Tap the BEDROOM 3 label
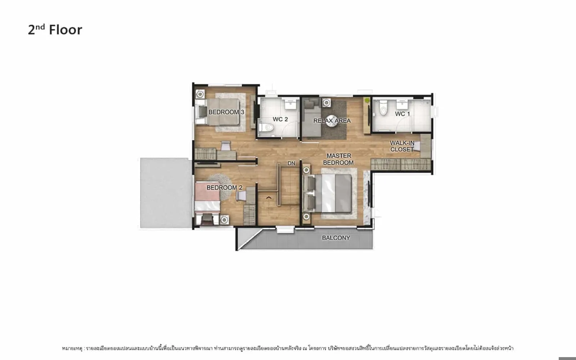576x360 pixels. point(226,112)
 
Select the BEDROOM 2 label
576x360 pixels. point(224,188)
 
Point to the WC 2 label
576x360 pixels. point(280,119)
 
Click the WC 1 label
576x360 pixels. point(402,114)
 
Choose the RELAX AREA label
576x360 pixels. point(332,121)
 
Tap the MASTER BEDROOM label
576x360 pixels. point(338,159)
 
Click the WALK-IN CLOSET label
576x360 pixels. point(402,146)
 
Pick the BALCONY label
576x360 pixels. point(336,238)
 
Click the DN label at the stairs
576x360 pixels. point(291,163)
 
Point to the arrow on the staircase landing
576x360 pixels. point(269,198)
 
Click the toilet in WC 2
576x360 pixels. point(266,127)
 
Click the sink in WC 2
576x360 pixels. point(291,104)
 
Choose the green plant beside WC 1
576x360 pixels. point(367,100)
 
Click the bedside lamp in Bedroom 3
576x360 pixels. point(200,94)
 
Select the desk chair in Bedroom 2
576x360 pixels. point(241,196)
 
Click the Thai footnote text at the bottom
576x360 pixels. point(288,348)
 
